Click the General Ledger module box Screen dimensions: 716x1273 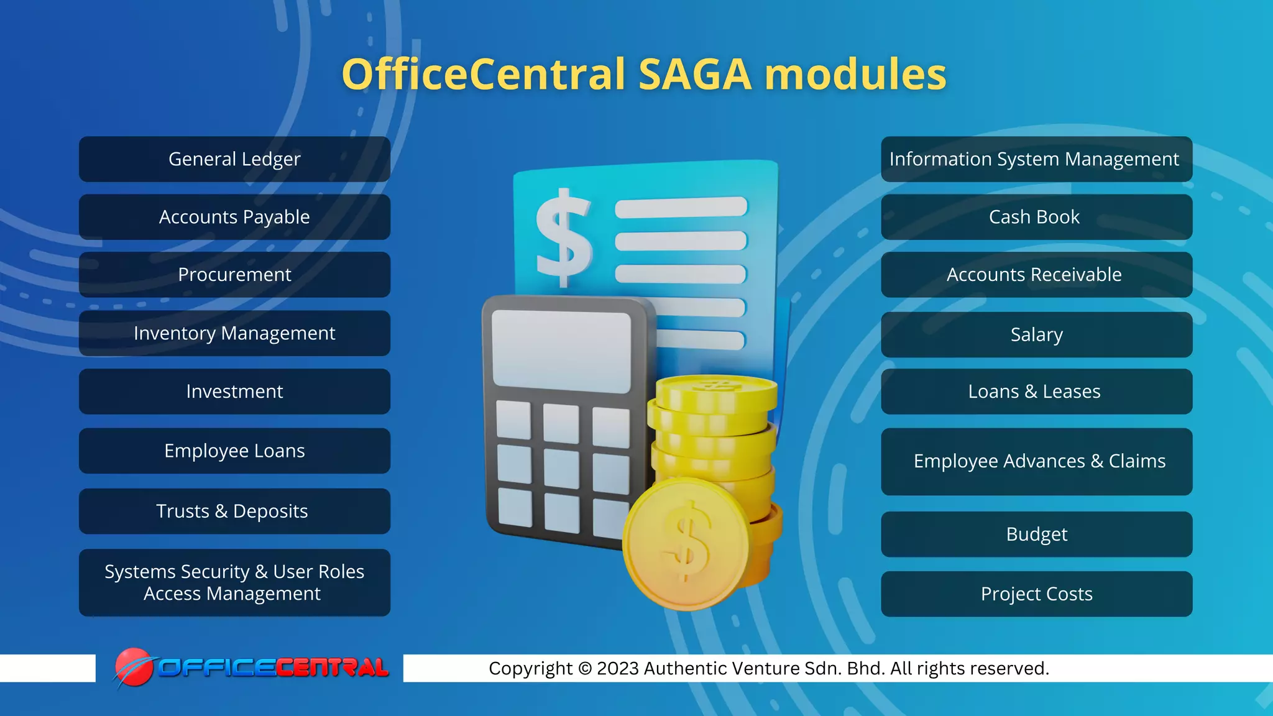pos(234,159)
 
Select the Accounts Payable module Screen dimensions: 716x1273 pos(234,217)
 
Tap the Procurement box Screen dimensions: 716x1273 pos(234,275)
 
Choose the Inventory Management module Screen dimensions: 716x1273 pos(234,333)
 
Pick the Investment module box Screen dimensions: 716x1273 pos(234,392)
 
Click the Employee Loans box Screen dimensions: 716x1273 pos(234,451)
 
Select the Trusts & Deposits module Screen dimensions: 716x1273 pos(234,511)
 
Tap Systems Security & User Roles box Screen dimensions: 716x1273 pos(234,582)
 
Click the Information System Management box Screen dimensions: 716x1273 pos(1036,159)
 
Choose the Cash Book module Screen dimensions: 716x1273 pos(1036,217)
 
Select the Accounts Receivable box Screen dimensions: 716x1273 pos(1036,275)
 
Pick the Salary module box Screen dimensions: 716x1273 pos(1036,334)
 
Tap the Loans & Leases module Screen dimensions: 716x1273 pos(1036,392)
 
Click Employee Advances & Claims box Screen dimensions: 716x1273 pos(1036,461)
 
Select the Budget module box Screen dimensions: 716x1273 pos(1036,534)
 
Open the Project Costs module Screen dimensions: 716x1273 pos(1036,594)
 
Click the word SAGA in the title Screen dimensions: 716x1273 pos(695,75)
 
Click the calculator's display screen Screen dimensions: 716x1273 pos(561,351)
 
